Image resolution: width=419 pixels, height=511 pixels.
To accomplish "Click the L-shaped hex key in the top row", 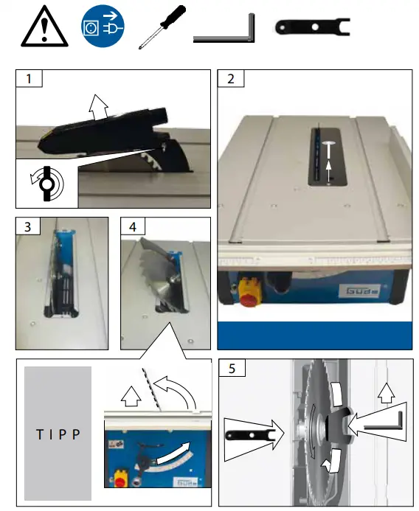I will click(x=224, y=30).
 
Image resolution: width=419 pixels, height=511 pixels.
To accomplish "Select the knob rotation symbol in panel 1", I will click(x=46, y=183).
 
